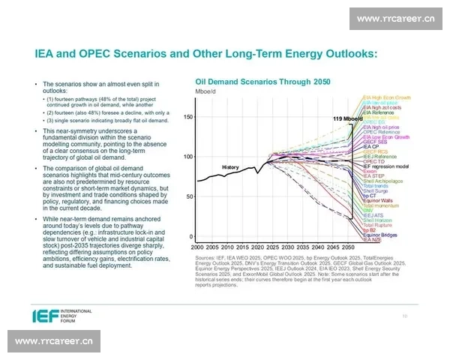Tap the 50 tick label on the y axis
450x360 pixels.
[x=190, y=196]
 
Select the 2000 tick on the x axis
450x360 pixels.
[x=197, y=246]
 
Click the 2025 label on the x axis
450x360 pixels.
[x=271, y=246]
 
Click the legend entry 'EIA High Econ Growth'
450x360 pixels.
[x=386, y=97]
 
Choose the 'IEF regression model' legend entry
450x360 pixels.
[x=385, y=166]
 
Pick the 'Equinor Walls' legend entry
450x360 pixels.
[x=379, y=200]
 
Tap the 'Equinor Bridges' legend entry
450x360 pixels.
[x=380, y=235]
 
